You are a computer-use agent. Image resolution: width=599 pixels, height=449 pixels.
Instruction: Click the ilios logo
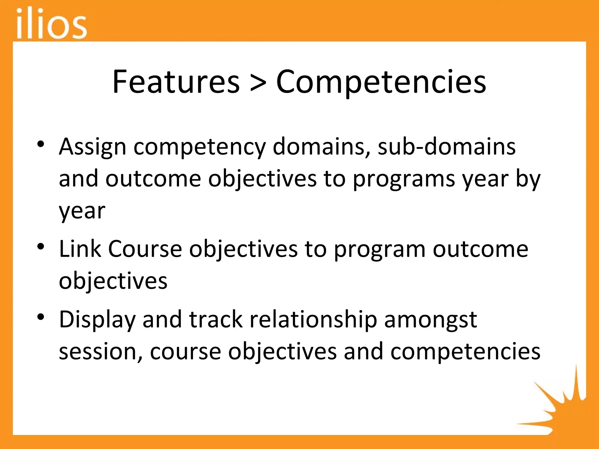coord(51,23)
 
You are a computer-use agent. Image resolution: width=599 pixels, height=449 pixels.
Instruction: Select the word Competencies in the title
coord(381,82)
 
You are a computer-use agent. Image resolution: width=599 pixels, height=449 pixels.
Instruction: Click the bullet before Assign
coord(41,144)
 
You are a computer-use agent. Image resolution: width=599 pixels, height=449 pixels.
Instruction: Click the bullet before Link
coord(41,246)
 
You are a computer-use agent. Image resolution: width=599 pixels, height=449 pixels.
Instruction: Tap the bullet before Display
coord(41,317)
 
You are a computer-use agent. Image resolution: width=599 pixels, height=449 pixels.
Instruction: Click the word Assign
coord(92,147)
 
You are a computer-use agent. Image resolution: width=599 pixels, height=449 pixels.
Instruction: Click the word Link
coord(80,249)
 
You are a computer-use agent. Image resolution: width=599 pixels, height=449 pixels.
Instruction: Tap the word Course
coord(145,249)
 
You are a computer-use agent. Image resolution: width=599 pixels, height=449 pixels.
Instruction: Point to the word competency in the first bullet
coord(199,147)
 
